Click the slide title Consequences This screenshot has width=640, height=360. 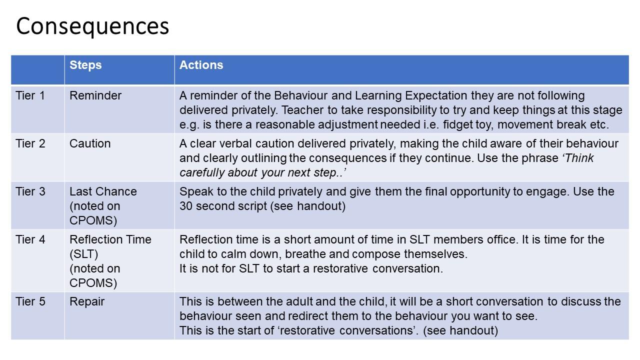coord(92,26)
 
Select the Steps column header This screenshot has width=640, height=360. coord(85,65)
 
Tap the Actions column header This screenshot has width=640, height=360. coord(201,65)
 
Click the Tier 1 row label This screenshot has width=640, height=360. coord(30,95)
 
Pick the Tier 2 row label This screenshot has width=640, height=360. coord(30,143)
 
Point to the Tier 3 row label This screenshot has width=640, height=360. coord(30,191)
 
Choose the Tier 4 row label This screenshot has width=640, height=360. coord(30,239)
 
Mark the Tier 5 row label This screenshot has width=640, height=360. coord(30,301)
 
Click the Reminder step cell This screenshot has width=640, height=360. coord(95,95)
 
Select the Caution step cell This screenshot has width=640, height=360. coord(90,143)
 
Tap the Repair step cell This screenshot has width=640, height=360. coord(87,302)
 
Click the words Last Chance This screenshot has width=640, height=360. coord(103,191)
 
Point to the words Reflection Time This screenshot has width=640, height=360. coord(110,239)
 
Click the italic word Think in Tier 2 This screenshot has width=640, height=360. coord(578,158)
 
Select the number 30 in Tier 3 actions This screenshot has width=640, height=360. coord(185,206)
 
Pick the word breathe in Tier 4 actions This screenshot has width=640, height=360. coord(305,254)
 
